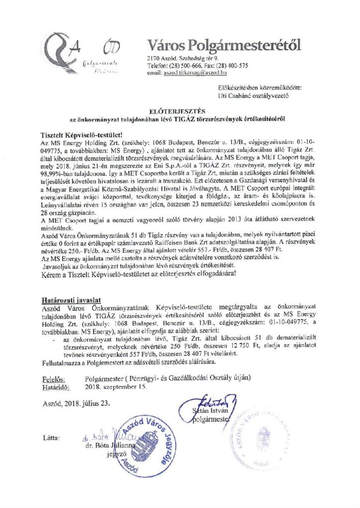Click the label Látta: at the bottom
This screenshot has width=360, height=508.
pyautogui.click(x=52, y=438)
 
